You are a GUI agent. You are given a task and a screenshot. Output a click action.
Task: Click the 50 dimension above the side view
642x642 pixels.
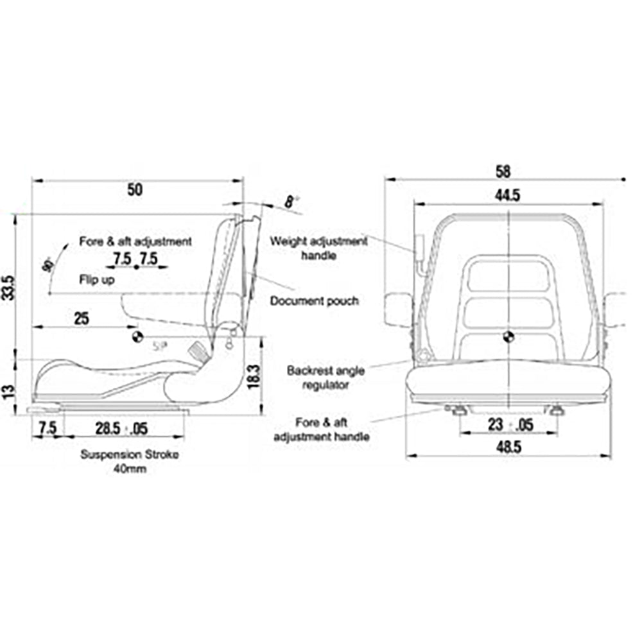click(135, 190)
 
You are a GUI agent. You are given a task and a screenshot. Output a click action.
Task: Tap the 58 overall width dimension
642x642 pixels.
click(503, 171)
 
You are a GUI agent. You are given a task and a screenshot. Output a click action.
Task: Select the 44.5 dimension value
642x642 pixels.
click(507, 196)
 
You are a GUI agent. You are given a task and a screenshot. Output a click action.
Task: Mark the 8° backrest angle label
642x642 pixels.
click(292, 202)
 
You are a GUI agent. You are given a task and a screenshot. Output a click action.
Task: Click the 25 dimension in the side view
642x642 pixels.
click(81, 318)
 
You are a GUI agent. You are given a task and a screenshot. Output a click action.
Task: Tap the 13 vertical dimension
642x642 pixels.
click(8, 391)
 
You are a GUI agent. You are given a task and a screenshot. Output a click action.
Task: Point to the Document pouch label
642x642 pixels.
click(314, 300)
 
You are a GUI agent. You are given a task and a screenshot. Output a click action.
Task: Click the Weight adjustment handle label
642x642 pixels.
click(318, 248)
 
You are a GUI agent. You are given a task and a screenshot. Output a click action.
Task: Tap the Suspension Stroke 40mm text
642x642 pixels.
click(130, 462)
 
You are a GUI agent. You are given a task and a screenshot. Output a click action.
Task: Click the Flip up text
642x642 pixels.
click(97, 279)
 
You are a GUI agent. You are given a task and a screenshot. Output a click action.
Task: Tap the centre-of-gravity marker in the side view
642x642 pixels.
click(136, 337)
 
